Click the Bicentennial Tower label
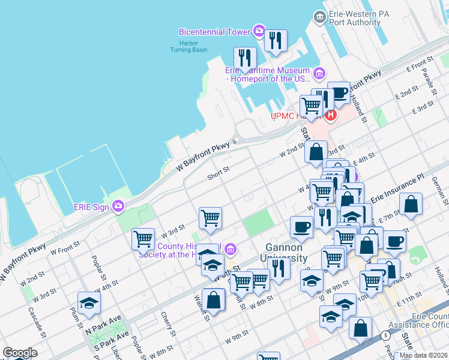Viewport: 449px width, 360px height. coord(214,31)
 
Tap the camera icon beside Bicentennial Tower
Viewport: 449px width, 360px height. coord(259,31)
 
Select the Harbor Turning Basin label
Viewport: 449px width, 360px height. coord(188,46)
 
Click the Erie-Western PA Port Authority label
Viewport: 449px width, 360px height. coord(355,18)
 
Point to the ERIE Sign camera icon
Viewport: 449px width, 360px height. coord(118,206)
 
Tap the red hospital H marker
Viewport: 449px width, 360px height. coord(329,114)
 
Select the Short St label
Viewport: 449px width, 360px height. coord(218,172)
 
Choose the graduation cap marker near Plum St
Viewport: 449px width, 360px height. coord(89,303)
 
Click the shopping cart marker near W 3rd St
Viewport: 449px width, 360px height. coord(143,239)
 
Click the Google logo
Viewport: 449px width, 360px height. coord(20,353)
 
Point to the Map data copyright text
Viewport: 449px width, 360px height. coord(424,355)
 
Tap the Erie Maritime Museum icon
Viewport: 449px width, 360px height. coord(319,74)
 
